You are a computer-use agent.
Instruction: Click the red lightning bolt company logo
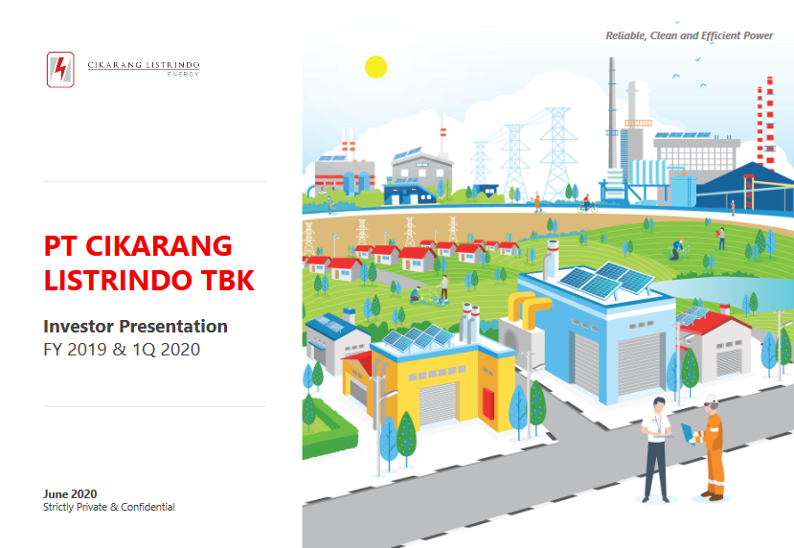[60, 69]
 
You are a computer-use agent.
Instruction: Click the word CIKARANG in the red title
[158, 246]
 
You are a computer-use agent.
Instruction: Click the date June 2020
[70, 493]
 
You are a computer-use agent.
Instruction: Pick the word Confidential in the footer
[147, 507]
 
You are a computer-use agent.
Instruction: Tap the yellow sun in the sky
[375, 67]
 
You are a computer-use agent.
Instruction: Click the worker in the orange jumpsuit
[713, 447]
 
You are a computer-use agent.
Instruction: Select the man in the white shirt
[656, 449]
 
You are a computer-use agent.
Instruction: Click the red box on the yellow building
[488, 403]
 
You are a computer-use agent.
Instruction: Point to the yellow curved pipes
[529, 308]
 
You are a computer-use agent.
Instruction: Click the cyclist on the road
[587, 204]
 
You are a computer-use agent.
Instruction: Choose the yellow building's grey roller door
[438, 403]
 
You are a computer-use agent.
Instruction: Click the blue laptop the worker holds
[688, 434]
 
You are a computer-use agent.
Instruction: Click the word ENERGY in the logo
[183, 74]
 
